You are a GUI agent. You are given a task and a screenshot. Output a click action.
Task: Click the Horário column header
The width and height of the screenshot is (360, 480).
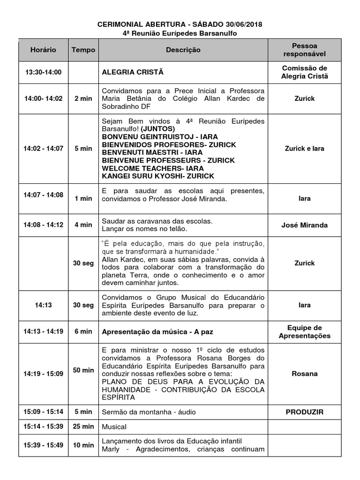pos(43,50)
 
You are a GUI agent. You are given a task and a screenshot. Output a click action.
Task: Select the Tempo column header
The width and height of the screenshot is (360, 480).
pos(83,50)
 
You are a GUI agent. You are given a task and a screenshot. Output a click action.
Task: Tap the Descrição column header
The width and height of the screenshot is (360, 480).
pos(183,50)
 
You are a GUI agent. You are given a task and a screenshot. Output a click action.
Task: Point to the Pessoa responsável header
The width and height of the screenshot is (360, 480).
pos(304,50)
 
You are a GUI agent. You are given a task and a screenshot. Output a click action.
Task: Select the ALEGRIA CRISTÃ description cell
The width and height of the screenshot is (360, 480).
pos(133,72)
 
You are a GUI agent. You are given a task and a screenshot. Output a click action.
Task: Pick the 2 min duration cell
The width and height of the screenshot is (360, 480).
pos(83,98)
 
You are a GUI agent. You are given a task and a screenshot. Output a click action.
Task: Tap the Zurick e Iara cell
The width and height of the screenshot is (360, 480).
pos(304,149)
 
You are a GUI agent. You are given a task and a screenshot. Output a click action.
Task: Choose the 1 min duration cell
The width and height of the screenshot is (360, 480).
pos(83,198)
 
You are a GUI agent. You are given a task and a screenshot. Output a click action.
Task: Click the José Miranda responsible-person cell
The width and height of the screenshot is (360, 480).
pos(304,225)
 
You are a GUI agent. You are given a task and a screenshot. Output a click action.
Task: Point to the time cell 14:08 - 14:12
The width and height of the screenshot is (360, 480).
pos(43,225)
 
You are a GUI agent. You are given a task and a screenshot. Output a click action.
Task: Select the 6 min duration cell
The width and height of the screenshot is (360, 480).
pos(83,331)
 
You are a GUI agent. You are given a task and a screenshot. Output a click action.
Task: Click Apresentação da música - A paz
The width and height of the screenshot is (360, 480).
pos(155,331)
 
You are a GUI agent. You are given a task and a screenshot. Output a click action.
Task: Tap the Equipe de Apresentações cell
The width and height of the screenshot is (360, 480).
pos(304,331)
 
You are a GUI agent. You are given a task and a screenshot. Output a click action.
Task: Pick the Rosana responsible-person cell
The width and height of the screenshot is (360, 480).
pos(304,374)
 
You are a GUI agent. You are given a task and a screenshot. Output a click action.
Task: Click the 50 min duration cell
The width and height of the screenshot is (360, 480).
pos(83,370)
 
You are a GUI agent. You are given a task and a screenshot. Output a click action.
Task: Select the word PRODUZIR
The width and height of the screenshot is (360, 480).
pos(304,412)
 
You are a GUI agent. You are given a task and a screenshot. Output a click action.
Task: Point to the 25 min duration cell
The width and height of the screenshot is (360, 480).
pos(83,427)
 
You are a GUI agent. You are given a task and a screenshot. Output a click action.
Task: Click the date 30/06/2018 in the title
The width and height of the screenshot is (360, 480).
pos(242,24)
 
